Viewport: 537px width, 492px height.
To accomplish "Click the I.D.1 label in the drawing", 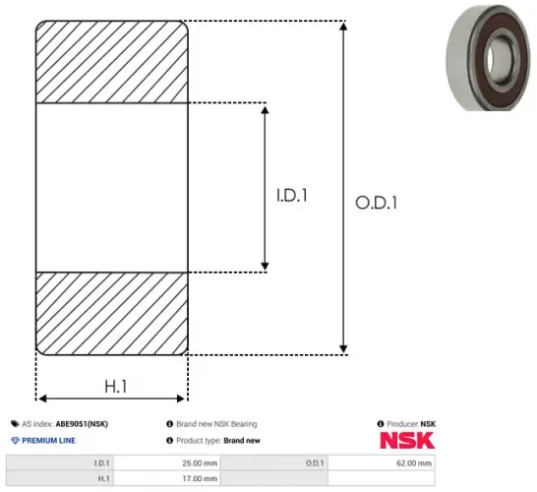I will (x=292, y=197).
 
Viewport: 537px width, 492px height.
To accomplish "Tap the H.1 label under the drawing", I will (x=115, y=387).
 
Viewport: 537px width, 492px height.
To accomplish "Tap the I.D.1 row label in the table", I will (x=100, y=462).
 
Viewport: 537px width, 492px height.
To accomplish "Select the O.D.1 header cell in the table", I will (x=315, y=462).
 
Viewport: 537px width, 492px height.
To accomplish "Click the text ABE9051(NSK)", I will (x=82, y=424).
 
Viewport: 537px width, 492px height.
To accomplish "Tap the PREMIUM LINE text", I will (x=47, y=441).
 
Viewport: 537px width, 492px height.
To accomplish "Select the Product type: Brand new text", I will (x=217, y=441).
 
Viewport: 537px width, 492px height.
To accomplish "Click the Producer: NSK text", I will (x=411, y=424).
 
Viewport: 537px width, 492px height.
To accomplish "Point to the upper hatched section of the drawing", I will (x=112, y=60).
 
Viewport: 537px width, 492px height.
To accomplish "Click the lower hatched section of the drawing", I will (x=112, y=311).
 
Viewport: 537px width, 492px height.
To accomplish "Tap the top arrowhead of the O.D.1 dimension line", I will (x=342, y=26).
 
